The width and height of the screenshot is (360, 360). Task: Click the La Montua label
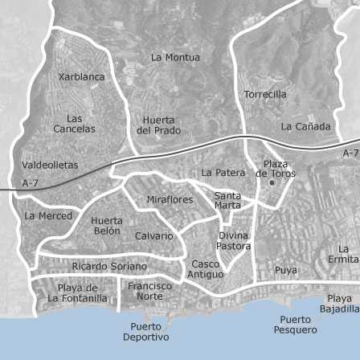[175, 57]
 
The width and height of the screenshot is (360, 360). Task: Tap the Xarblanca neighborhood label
[81, 77]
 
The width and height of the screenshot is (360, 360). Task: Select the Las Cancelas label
[74, 123]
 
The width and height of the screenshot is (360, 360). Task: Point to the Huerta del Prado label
[158, 125]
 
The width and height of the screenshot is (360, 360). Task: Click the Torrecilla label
[264, 94]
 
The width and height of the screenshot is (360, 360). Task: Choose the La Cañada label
[305, 126]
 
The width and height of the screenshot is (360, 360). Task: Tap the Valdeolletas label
[50, 165]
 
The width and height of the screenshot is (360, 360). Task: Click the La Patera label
[223, 172]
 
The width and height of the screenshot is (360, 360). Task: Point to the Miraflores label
[170, 199]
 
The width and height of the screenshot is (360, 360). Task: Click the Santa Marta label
[227, 200]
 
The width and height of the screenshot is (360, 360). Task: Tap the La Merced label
[48, 215]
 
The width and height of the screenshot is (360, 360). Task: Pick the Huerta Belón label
[107, 226]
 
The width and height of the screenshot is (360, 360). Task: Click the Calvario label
[153, 235]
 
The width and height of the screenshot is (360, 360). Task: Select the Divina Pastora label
[233, 241]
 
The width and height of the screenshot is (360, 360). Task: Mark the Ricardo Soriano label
[109, 266]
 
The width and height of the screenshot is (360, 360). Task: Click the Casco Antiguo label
[206, 269]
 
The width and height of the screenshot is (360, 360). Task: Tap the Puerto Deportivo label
[145, 332]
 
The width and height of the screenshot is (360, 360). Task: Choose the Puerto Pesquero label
[295, 325]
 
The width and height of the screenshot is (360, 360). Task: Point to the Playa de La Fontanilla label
[77, 293]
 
